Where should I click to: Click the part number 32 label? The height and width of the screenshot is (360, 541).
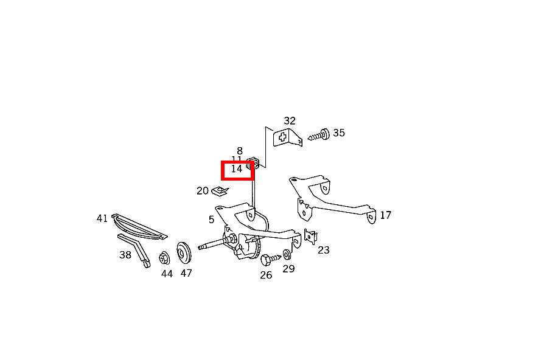pos(290,121)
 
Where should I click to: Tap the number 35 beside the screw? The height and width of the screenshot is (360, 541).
pos(339,133)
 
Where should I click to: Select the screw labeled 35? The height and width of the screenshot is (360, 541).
pos(319,134)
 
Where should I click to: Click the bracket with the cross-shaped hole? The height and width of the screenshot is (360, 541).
pos(285,138)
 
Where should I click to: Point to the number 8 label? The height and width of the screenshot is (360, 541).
pos(240,151)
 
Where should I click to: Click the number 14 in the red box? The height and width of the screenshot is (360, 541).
pos(237,169)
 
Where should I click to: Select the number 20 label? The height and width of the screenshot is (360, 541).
pos(203,191)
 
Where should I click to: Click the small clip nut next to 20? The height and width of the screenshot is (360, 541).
pos(220,192)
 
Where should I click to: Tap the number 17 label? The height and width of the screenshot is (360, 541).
pos(385,215)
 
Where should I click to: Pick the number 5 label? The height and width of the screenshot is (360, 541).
pos(211,220)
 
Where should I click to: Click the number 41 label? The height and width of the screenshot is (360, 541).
pos(102,218)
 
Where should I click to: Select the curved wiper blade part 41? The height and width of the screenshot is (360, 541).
pos(140,227)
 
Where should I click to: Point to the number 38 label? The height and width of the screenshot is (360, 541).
pos(125,255)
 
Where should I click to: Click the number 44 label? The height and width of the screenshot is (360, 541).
pos(167,274)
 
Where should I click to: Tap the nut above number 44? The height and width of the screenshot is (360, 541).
pos(164,258)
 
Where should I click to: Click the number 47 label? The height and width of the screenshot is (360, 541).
pos(186,273)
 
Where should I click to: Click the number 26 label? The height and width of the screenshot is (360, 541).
pos(266,275)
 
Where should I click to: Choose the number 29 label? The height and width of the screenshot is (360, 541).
pos(288,268)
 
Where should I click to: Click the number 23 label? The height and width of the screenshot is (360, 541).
pos(324,250)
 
